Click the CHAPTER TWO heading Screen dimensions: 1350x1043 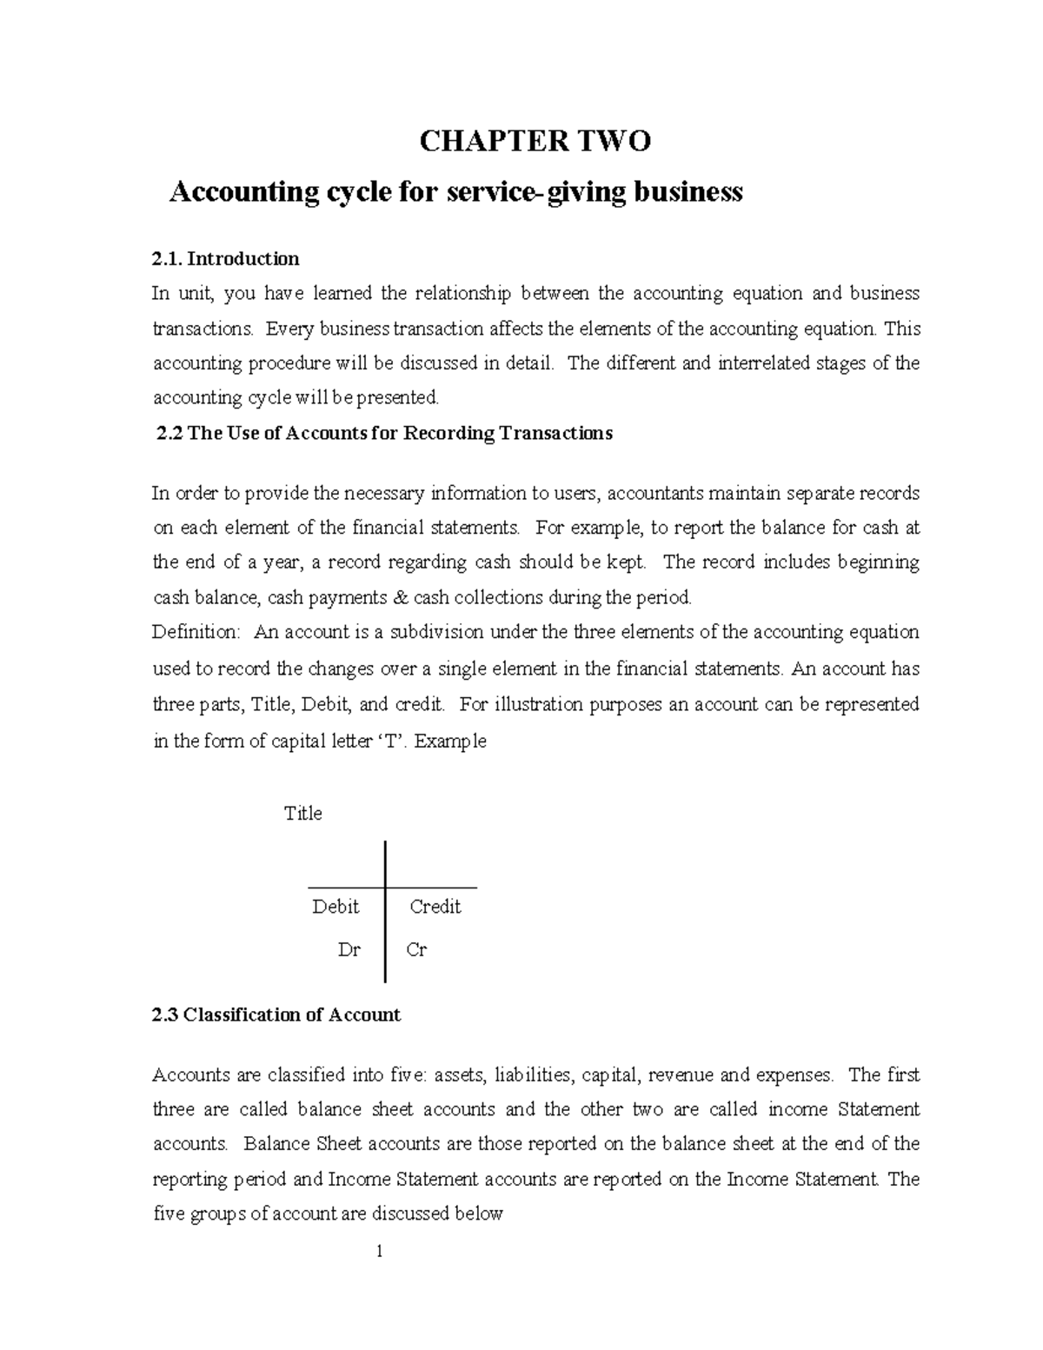(x=535, y=141)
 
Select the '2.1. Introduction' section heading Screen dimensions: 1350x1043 (x=225, y=258)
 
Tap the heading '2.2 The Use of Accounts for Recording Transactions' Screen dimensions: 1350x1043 (x=383, y=433)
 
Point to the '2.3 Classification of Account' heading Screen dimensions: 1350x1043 (x=276, y=1014)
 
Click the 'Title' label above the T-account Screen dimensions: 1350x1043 (x=303, y=814)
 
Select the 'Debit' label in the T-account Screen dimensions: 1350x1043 (x=335, y=907)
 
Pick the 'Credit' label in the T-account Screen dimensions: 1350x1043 (x=435, y=907)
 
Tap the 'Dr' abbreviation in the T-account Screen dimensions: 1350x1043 (x=349, y=950)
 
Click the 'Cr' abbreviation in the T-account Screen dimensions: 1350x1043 (x=416, y=950)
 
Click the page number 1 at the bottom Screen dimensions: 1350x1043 (x=380, y=1252)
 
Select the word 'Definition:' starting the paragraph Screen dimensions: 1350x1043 (x=196, y=632)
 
